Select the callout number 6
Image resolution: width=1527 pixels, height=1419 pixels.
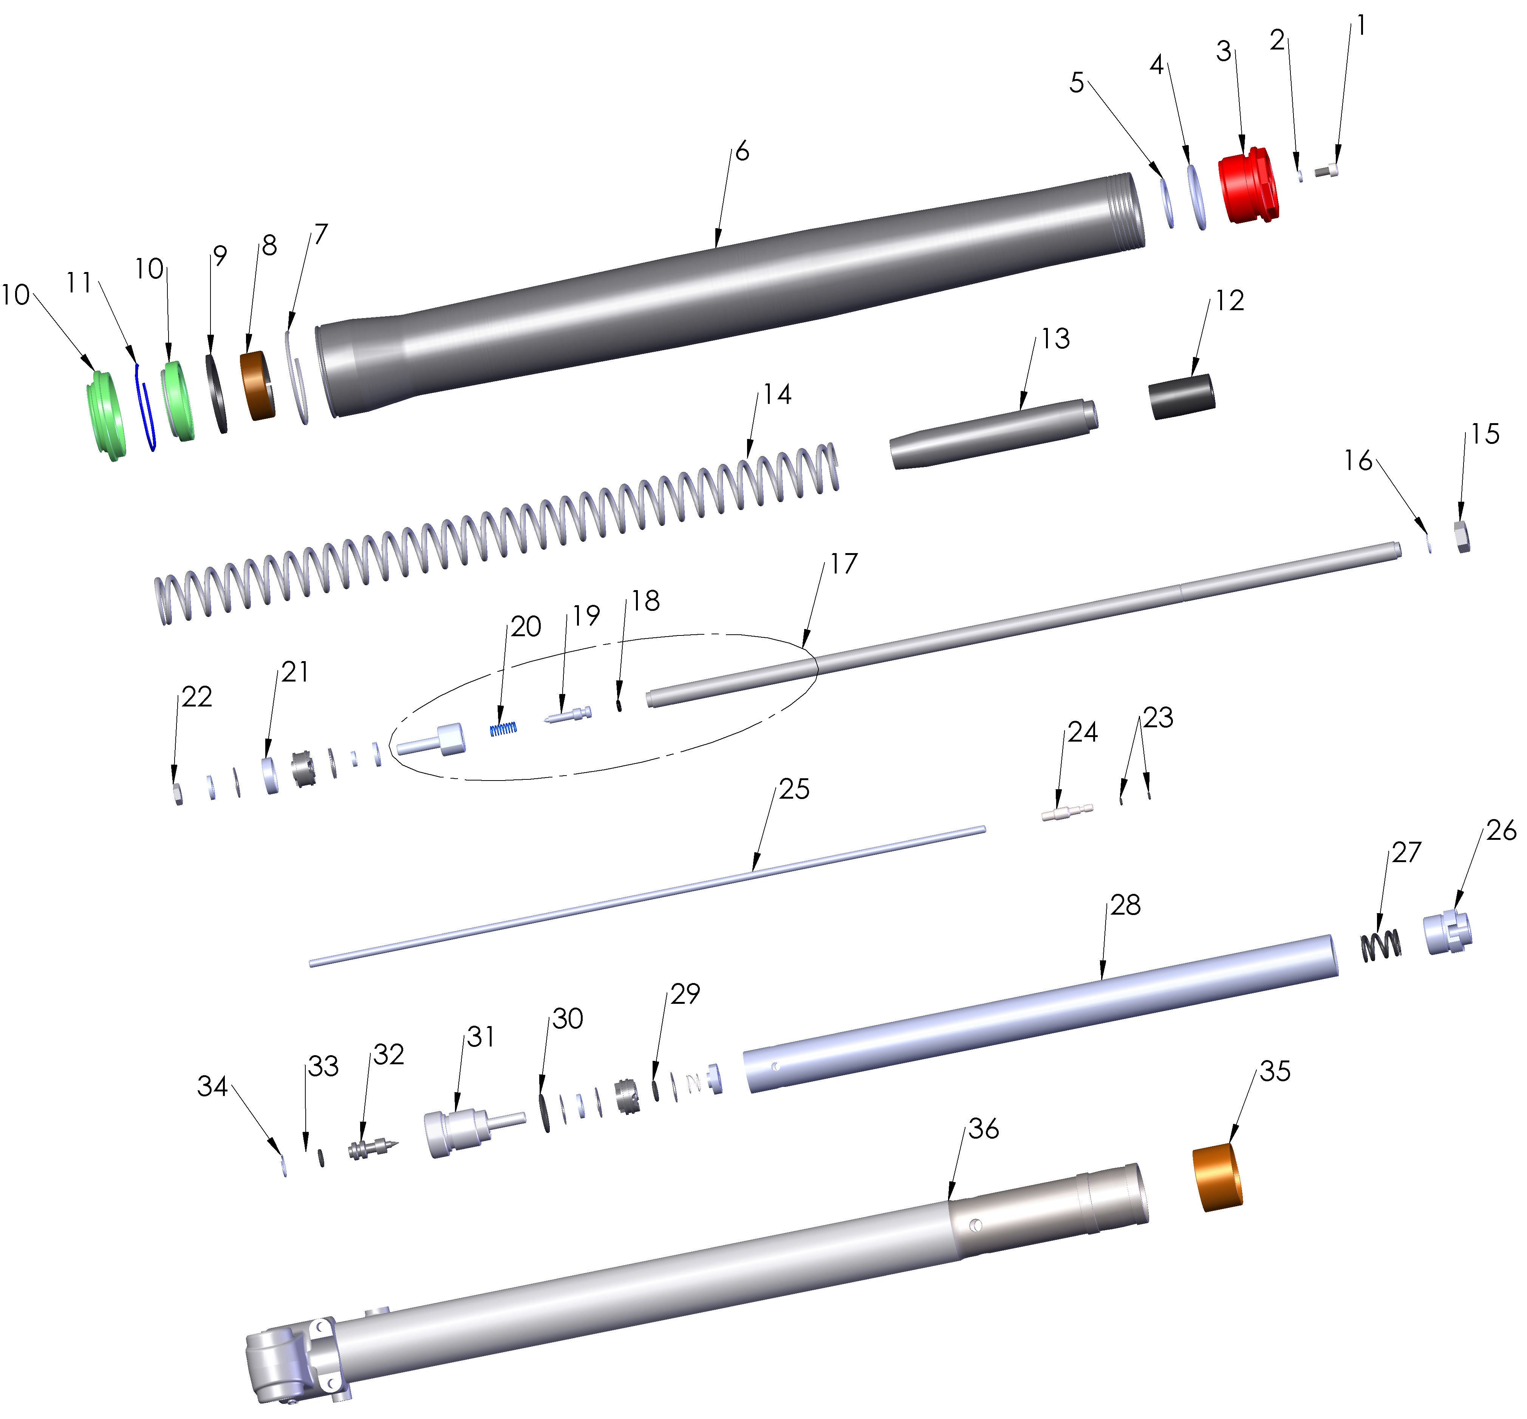pyautogui.click(x=741, y=151)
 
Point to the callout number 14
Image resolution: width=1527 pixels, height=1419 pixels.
pyautogui.click(x=777, y=394)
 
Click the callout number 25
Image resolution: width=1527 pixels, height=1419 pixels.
pyautogui.click(x=794, y=788)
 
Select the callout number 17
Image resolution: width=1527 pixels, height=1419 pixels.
pyautogui.click(x=843, y=564)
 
